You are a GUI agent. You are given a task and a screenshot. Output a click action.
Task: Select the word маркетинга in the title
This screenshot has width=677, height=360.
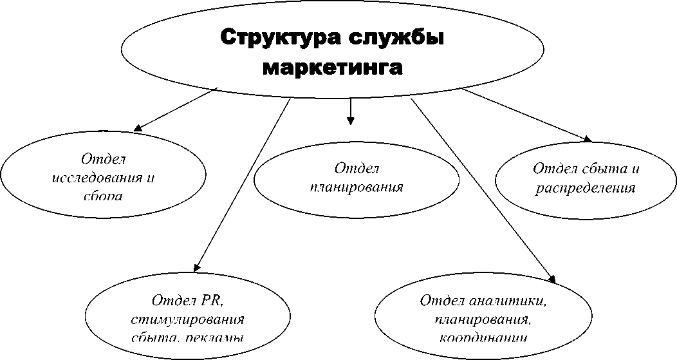[x=333, y=67]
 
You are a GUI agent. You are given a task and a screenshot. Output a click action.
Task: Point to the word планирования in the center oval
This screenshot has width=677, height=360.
[x=356, y=187]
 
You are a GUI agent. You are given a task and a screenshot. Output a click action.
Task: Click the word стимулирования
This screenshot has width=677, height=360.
[x=187, y=319]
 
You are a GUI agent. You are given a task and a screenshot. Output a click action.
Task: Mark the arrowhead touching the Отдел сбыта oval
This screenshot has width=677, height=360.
[x=587, y=139]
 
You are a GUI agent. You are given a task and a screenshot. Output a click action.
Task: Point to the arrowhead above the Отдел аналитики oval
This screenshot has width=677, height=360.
[x=551, y=278]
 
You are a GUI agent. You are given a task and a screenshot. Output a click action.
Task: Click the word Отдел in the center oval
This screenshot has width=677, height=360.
[x=357, y=169]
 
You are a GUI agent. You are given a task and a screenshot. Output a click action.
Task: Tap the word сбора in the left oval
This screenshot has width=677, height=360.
[x=103, y=195]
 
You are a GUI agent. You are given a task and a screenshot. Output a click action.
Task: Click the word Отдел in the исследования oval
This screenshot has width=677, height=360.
[x=104, y=158]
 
